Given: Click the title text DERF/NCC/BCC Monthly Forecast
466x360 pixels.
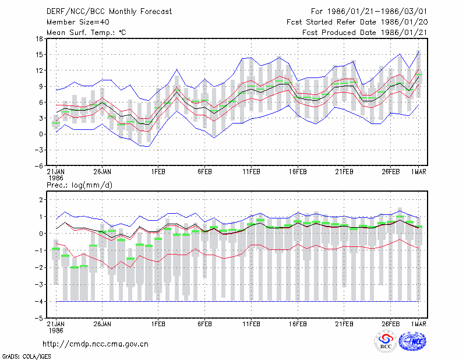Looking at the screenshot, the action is point(109,12).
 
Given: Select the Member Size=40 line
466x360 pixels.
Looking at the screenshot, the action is point(78,22).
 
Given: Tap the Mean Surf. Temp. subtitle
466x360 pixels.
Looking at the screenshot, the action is point(86,33).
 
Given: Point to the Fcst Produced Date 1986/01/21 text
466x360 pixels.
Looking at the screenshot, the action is point(365,33).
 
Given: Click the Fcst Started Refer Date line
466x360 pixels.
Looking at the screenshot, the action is point(357,22).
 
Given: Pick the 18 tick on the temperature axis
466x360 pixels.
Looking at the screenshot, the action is point(39,38).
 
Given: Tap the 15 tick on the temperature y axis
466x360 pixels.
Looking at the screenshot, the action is point(39,55).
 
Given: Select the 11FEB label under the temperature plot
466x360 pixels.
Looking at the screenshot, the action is point(251,172).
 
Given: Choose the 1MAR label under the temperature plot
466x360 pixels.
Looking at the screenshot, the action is point(418,172).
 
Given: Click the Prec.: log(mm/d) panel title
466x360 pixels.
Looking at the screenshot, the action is point(79,185).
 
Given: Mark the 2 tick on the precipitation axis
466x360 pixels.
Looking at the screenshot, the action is point(41,200).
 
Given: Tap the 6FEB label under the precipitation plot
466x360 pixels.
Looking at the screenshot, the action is point(204,324).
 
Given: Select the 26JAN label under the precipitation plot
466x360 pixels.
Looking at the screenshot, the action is point(103,324).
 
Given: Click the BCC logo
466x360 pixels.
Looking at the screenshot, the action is point(386,341).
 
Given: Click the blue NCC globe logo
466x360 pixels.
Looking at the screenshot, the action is point(412,341).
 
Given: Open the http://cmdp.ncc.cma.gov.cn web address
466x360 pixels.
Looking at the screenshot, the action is point(96,344).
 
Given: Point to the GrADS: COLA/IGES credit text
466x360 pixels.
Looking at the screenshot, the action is point(26,357).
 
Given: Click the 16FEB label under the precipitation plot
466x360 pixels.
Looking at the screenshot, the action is point(298,324).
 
